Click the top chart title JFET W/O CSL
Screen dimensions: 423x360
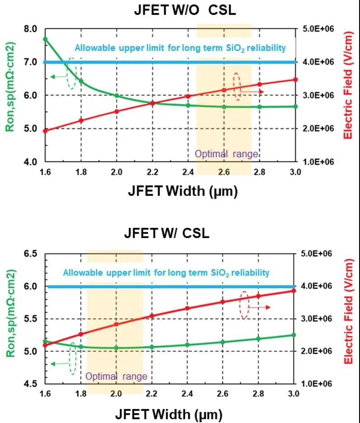pos(185,11)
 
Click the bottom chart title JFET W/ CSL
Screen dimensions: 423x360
pos(167,234)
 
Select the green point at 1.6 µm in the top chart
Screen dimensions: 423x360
pos(45,39)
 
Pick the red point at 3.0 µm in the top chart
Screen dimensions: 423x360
pos(295,80)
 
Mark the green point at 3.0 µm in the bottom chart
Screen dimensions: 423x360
pos(294,335)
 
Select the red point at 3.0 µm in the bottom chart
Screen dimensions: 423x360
pos(294,291)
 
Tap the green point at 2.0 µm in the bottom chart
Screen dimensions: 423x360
pos(116,348)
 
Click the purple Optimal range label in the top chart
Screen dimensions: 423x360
pos(227,154)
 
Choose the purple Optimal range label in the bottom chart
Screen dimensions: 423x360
pos(116,376)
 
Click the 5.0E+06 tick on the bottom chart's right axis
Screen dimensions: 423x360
pos(316,254)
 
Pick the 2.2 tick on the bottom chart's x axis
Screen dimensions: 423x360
pos(152,394)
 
